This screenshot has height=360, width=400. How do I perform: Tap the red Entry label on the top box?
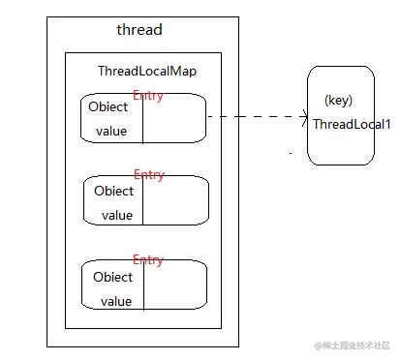tap(148, 95)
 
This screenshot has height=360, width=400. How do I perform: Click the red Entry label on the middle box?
tap(148, 175)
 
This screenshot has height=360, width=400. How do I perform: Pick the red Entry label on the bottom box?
tap(147, 260)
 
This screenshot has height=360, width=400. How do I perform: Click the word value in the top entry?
tap(111, 131)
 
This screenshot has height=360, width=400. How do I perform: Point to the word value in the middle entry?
tap(116, 215)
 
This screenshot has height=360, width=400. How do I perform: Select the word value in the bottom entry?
tap(115, 301)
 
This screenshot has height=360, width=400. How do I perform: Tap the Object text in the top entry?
tap(108, 107)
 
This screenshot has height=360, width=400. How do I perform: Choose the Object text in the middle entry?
tap(113, 191)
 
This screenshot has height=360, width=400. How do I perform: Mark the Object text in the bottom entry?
tap(113, 277)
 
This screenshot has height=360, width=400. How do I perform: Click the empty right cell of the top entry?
tap(173, 118)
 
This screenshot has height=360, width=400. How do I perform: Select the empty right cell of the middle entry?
tap(176, 201)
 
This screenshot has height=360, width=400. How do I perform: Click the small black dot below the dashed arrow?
tap(290, 153)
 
